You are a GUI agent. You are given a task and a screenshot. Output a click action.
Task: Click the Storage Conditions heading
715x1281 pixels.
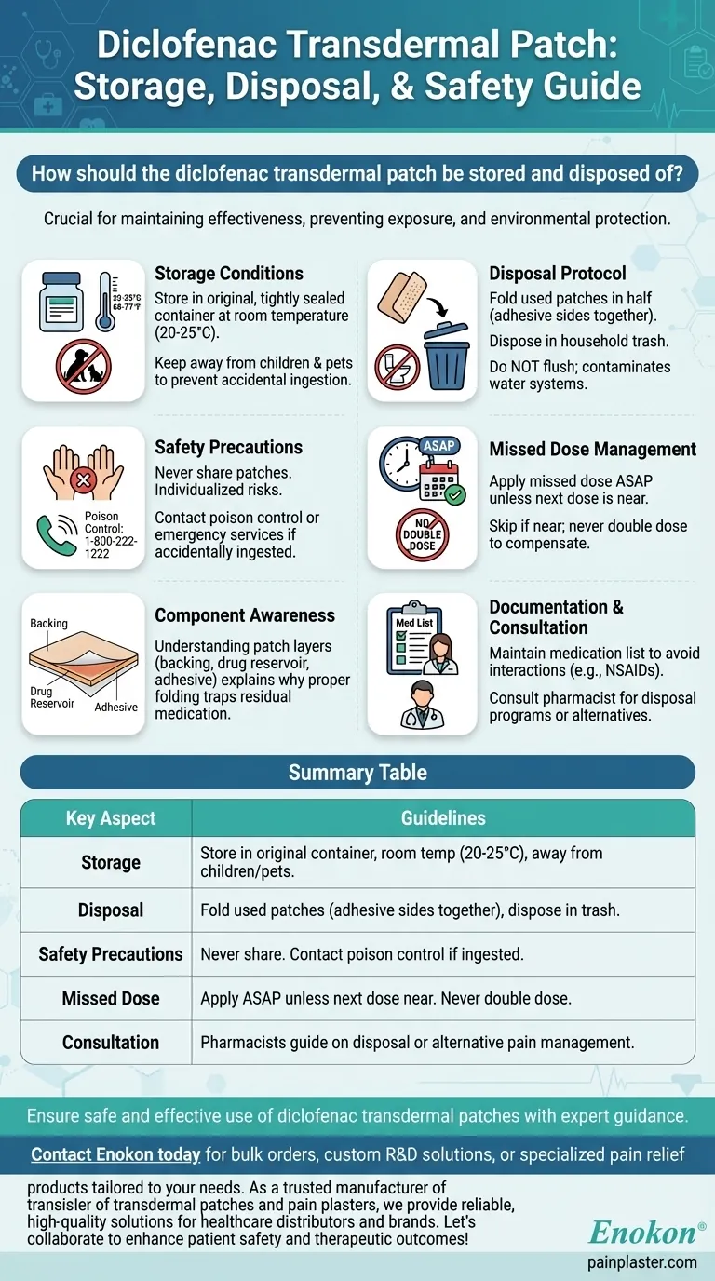[x=229, y=274]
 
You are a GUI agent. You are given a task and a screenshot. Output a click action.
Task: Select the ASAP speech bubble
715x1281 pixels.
[x=438, y=446]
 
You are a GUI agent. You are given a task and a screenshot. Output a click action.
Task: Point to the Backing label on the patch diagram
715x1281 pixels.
[x=48, y=623]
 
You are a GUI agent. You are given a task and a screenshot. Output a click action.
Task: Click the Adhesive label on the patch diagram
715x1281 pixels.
[x=116, y=707]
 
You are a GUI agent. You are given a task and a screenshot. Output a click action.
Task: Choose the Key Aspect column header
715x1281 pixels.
[x=111, y=818]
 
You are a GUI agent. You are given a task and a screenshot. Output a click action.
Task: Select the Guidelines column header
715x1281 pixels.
[x=443, y=818]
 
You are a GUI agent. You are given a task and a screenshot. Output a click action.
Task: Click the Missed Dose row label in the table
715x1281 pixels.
[x=111, y=998]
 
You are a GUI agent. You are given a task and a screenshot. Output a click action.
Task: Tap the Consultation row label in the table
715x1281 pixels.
[x=111, y=1042]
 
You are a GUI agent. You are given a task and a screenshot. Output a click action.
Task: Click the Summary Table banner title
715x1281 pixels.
[x=357, y=773]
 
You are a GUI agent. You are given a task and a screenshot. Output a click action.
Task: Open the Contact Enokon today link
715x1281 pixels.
[x=115, y=1154]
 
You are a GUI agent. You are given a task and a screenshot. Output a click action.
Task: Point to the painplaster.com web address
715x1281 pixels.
[x=641, y=1261]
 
